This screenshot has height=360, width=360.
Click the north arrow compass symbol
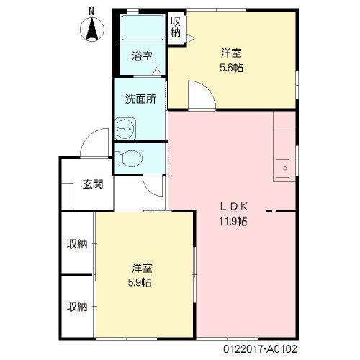[x=92, y=30]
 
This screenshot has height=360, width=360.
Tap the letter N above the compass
[x=91, y=12]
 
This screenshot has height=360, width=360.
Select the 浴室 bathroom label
[x=142, y=56]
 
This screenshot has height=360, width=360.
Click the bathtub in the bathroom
[x=143, y=27]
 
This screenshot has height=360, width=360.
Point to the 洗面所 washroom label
[x=140, y=99]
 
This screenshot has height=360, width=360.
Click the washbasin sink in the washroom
[x=125, y=129]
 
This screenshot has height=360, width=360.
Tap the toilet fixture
[x=129, y=158]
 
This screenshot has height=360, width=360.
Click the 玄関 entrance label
[x=93, y=184]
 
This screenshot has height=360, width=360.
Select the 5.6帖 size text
[x=231, y=68]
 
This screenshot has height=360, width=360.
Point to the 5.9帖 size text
[x=140, y=282]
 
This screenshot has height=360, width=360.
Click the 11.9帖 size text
[x=233, y=221]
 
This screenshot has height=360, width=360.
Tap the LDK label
[x=234, y=207]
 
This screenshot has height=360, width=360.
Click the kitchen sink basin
[x=282, y=168]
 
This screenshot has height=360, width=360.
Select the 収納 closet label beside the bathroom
[x=176, y=27]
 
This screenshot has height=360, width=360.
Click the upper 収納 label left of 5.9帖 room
[x=77, y=244]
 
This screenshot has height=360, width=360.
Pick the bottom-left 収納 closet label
[x=77, y=307]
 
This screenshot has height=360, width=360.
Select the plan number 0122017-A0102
[x=260, y=349]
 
